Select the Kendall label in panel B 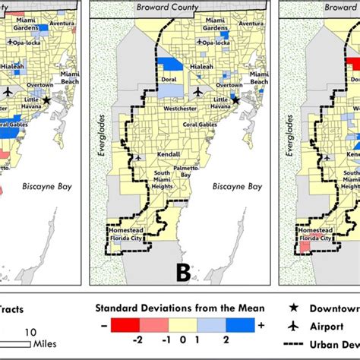pos(169,153)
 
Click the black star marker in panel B pos(235,99)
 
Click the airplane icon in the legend pos(295,327)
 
